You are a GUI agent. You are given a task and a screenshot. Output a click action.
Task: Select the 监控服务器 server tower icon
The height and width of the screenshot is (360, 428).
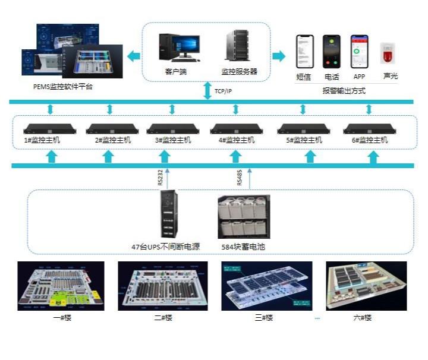coord(236,46)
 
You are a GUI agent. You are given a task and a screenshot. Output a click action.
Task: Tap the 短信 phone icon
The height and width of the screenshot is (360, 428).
coord(304,52)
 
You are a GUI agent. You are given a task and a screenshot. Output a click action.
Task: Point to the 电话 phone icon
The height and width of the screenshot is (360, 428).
coord(331,52)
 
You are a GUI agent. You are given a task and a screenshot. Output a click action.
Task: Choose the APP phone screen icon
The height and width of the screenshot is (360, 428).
coord(358,52)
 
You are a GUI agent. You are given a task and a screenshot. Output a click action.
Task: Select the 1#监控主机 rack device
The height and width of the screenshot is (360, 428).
coord(46,129)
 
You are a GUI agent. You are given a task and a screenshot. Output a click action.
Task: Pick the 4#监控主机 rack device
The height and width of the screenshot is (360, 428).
coord(236,129)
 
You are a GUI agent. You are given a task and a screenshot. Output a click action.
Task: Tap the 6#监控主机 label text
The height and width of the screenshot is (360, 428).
coord(370,140)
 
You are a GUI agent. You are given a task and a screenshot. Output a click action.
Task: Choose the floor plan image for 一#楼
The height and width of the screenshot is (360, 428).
coord(61,286)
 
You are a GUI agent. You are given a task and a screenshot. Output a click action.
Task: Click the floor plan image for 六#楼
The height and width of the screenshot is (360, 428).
coord(366,286)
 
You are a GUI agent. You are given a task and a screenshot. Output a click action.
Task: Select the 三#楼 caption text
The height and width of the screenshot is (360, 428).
coord(263,318)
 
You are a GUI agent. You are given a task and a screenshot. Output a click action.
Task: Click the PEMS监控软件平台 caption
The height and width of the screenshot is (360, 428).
coord(63,87)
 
